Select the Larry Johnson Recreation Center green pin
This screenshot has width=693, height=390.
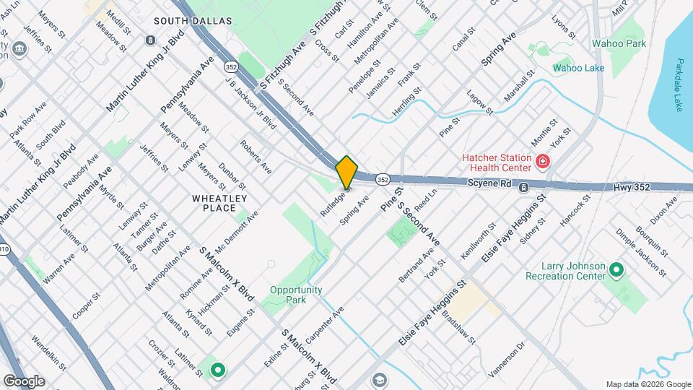(x=616, y=270)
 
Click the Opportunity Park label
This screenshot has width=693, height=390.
(x=295, y=295)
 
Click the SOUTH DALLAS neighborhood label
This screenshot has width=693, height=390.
(x=193, y=21)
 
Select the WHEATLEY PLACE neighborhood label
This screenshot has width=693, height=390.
(x=219, y=203)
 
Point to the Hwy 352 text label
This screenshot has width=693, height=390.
(x=632, y=187)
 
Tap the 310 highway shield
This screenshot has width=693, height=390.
(x=4, y=250)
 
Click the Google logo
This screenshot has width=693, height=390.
(x=24, y=381)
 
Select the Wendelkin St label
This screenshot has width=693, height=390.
(x=49, y=351)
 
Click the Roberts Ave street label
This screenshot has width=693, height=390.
(x=256, y=157)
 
